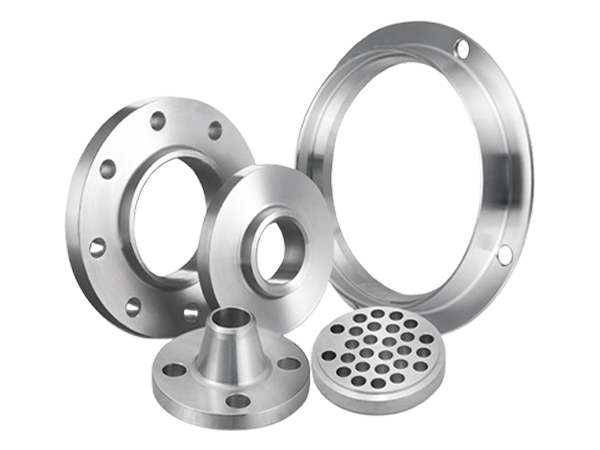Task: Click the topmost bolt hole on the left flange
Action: (x=157, y=122)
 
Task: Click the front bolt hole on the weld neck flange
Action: (x=237, y=400)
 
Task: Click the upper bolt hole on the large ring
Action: (x=460, y=46)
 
